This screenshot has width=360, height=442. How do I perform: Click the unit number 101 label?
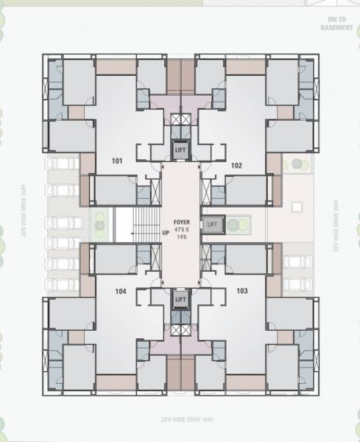(117, 160)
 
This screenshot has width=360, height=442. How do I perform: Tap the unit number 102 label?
(236, 165)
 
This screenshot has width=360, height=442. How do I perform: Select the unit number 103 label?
(242, 292)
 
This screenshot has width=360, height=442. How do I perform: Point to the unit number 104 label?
(121, 292)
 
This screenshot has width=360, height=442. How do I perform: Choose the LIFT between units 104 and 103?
(180, 298)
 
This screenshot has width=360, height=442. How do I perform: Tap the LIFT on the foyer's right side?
(212, 224)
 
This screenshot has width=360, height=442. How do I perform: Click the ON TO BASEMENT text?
(338, 24)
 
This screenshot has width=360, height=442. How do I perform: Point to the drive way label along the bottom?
(180, 420)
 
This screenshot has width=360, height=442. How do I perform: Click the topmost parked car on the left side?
(63, 164)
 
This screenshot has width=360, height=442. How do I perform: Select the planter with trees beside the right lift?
(236, 224)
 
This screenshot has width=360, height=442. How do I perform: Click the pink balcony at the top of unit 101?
(115, 67)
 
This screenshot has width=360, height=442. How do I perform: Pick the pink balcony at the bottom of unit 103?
(246, 382)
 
